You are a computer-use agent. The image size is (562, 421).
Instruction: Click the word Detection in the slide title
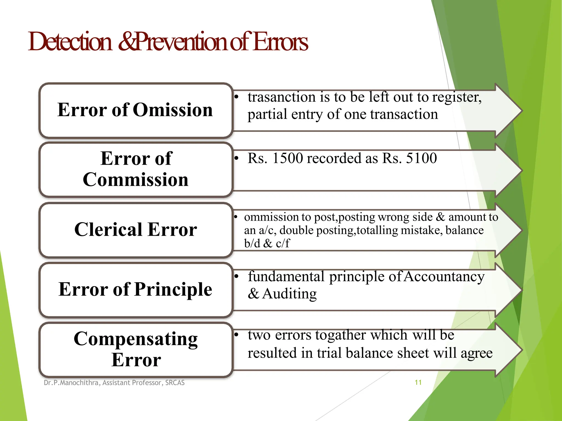pos(70,42)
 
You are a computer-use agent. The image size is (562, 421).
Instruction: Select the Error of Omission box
pos(136,110)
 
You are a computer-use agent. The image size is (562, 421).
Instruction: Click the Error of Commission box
pos(136,169)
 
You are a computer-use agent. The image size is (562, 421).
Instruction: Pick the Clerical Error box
pos(136,230)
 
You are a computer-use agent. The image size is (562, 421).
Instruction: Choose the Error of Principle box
pos(136,289)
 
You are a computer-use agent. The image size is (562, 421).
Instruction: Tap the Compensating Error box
pos(136,349)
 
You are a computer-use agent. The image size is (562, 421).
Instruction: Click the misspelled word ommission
pos(271,217)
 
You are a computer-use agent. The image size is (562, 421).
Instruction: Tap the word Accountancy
pos(444,276)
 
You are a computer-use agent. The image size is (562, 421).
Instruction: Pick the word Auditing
pos(290,294)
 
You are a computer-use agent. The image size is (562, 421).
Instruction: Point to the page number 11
pos(418,382)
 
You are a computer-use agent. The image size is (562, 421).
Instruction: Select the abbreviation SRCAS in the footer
pos(175,383)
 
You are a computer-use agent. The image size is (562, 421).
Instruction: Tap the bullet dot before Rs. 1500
pos(236,158)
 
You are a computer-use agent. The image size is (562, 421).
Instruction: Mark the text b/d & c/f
pos(267,243)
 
